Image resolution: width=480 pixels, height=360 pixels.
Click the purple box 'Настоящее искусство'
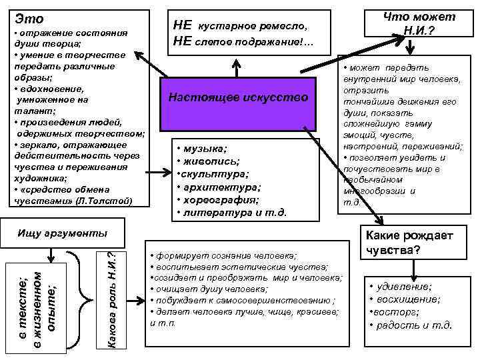(x=239, y=98)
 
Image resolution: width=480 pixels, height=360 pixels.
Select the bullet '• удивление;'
(x=400, y=286)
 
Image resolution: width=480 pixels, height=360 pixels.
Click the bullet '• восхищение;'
(x=404, y=299)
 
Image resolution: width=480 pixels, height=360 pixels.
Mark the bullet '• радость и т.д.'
(x=411, y=325)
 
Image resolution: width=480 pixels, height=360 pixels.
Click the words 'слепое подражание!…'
(x=255, y=43)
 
